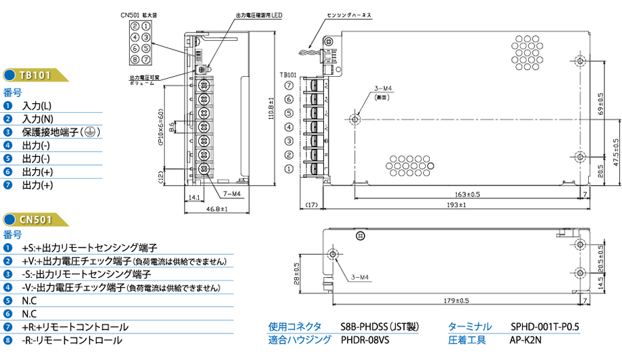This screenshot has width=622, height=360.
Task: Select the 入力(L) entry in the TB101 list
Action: [x=37, y=106]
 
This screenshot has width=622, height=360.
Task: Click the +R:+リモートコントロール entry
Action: [x=75, y=327]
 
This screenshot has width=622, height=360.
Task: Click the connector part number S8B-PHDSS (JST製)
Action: [x=379, y=327]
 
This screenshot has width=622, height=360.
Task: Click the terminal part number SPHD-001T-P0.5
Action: [x=544, y=327]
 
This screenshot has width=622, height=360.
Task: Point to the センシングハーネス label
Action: [x=349, y=14]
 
